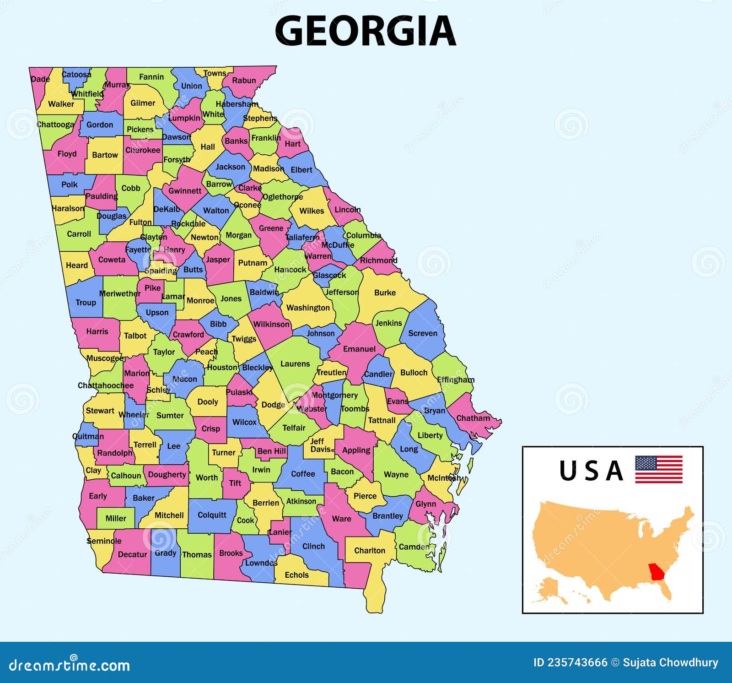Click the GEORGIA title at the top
click(x=365, y=31)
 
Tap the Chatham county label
click(x=473, y=418)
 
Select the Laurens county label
click(x=295, y=364)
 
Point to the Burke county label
click(x=385, y=293)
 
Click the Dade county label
click(x=40, y=79)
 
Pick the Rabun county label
click(x=244, y=81)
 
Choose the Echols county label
click(x=296, y=575)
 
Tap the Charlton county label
click(x=370, y=551)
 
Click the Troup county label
click(x=86, y=303)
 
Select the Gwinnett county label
click(x=185, y=191)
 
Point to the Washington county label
click(x=308, y=308)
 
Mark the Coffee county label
click(x=303, y=474)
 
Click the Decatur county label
click(x=132, y=554)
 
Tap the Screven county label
click(x=422, y=333)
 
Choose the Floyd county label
click(x=67, y=154)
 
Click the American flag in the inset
click(x=658, y=469)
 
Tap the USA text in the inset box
click(x=591, y=471)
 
